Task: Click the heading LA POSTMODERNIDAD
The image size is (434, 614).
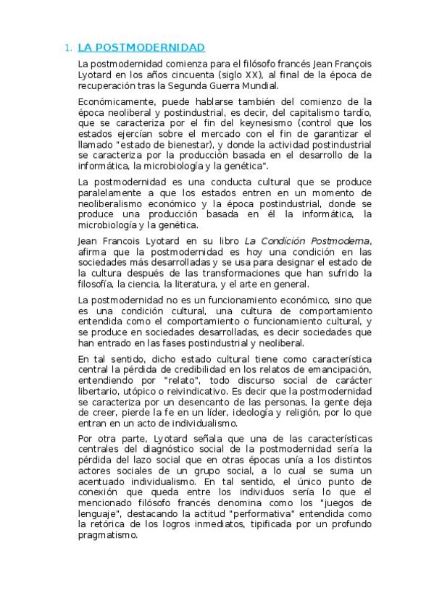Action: coord(141,48)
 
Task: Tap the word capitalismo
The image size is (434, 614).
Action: coord(312,113)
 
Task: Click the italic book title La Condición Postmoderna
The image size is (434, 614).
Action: coord(306,240)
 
